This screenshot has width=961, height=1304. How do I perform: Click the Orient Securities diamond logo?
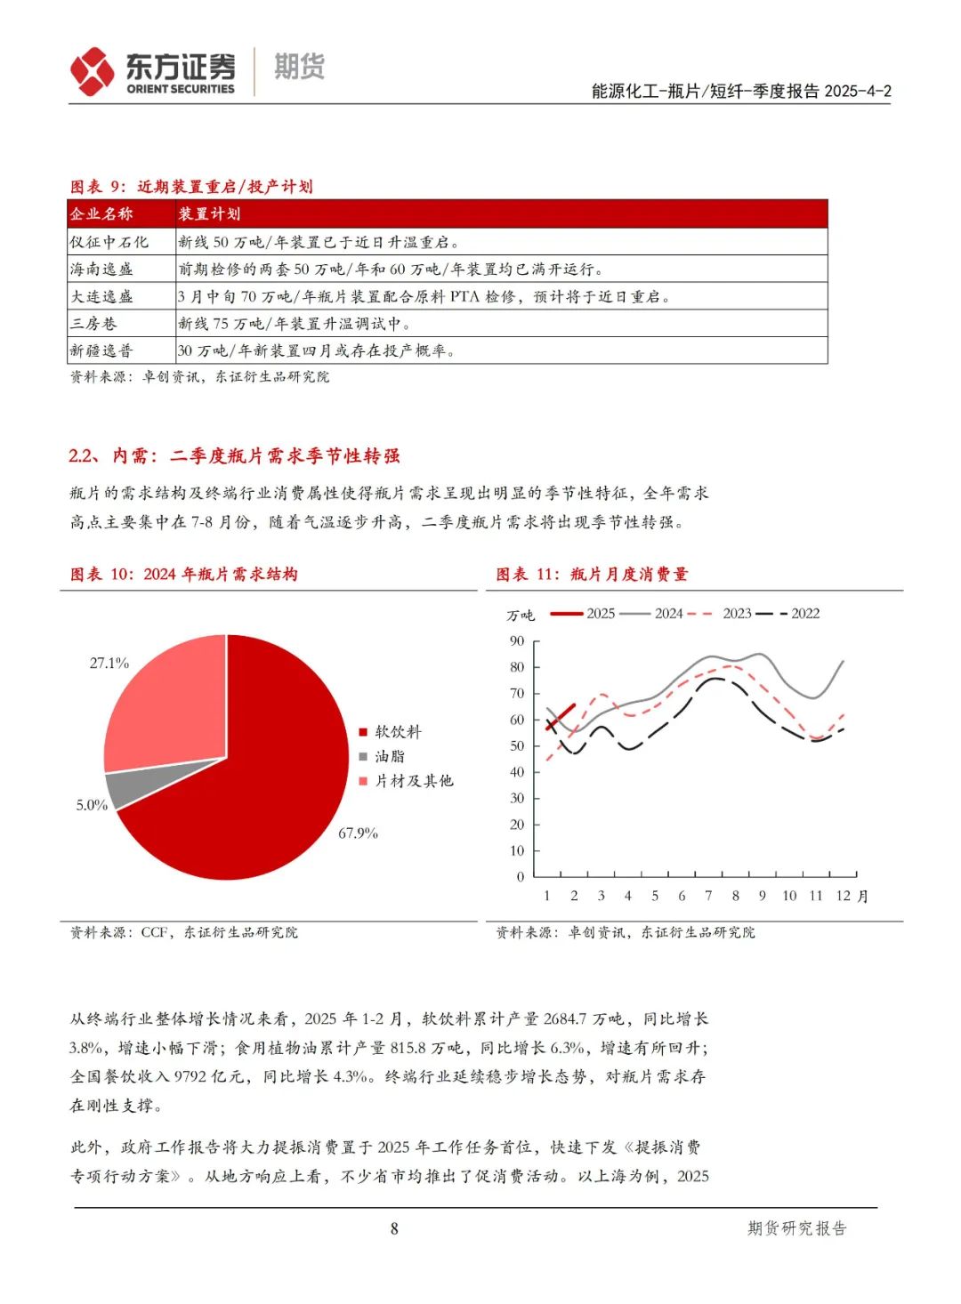coord(93,71)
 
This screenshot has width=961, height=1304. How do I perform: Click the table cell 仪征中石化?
coord(109,242)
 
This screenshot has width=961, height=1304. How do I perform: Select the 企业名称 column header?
coord(101,214)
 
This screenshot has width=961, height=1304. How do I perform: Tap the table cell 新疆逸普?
coord(101,350)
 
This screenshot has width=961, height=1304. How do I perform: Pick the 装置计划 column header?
coord(209,214)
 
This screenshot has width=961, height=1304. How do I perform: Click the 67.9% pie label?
coord(358,833)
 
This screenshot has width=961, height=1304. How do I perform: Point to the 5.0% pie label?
coord(92,805)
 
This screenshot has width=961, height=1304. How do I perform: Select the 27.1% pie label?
coord(109,664)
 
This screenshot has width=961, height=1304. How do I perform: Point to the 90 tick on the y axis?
coord(517,641)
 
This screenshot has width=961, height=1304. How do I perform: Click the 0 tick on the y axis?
coord(521,877)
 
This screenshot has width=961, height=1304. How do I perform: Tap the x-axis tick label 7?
coord(708,896)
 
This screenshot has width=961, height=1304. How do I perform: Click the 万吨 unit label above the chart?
coord(521,616)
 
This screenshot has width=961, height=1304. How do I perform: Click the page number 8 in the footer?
coord(394,1228)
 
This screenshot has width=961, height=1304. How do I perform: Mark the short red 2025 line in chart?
coord(561,717)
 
